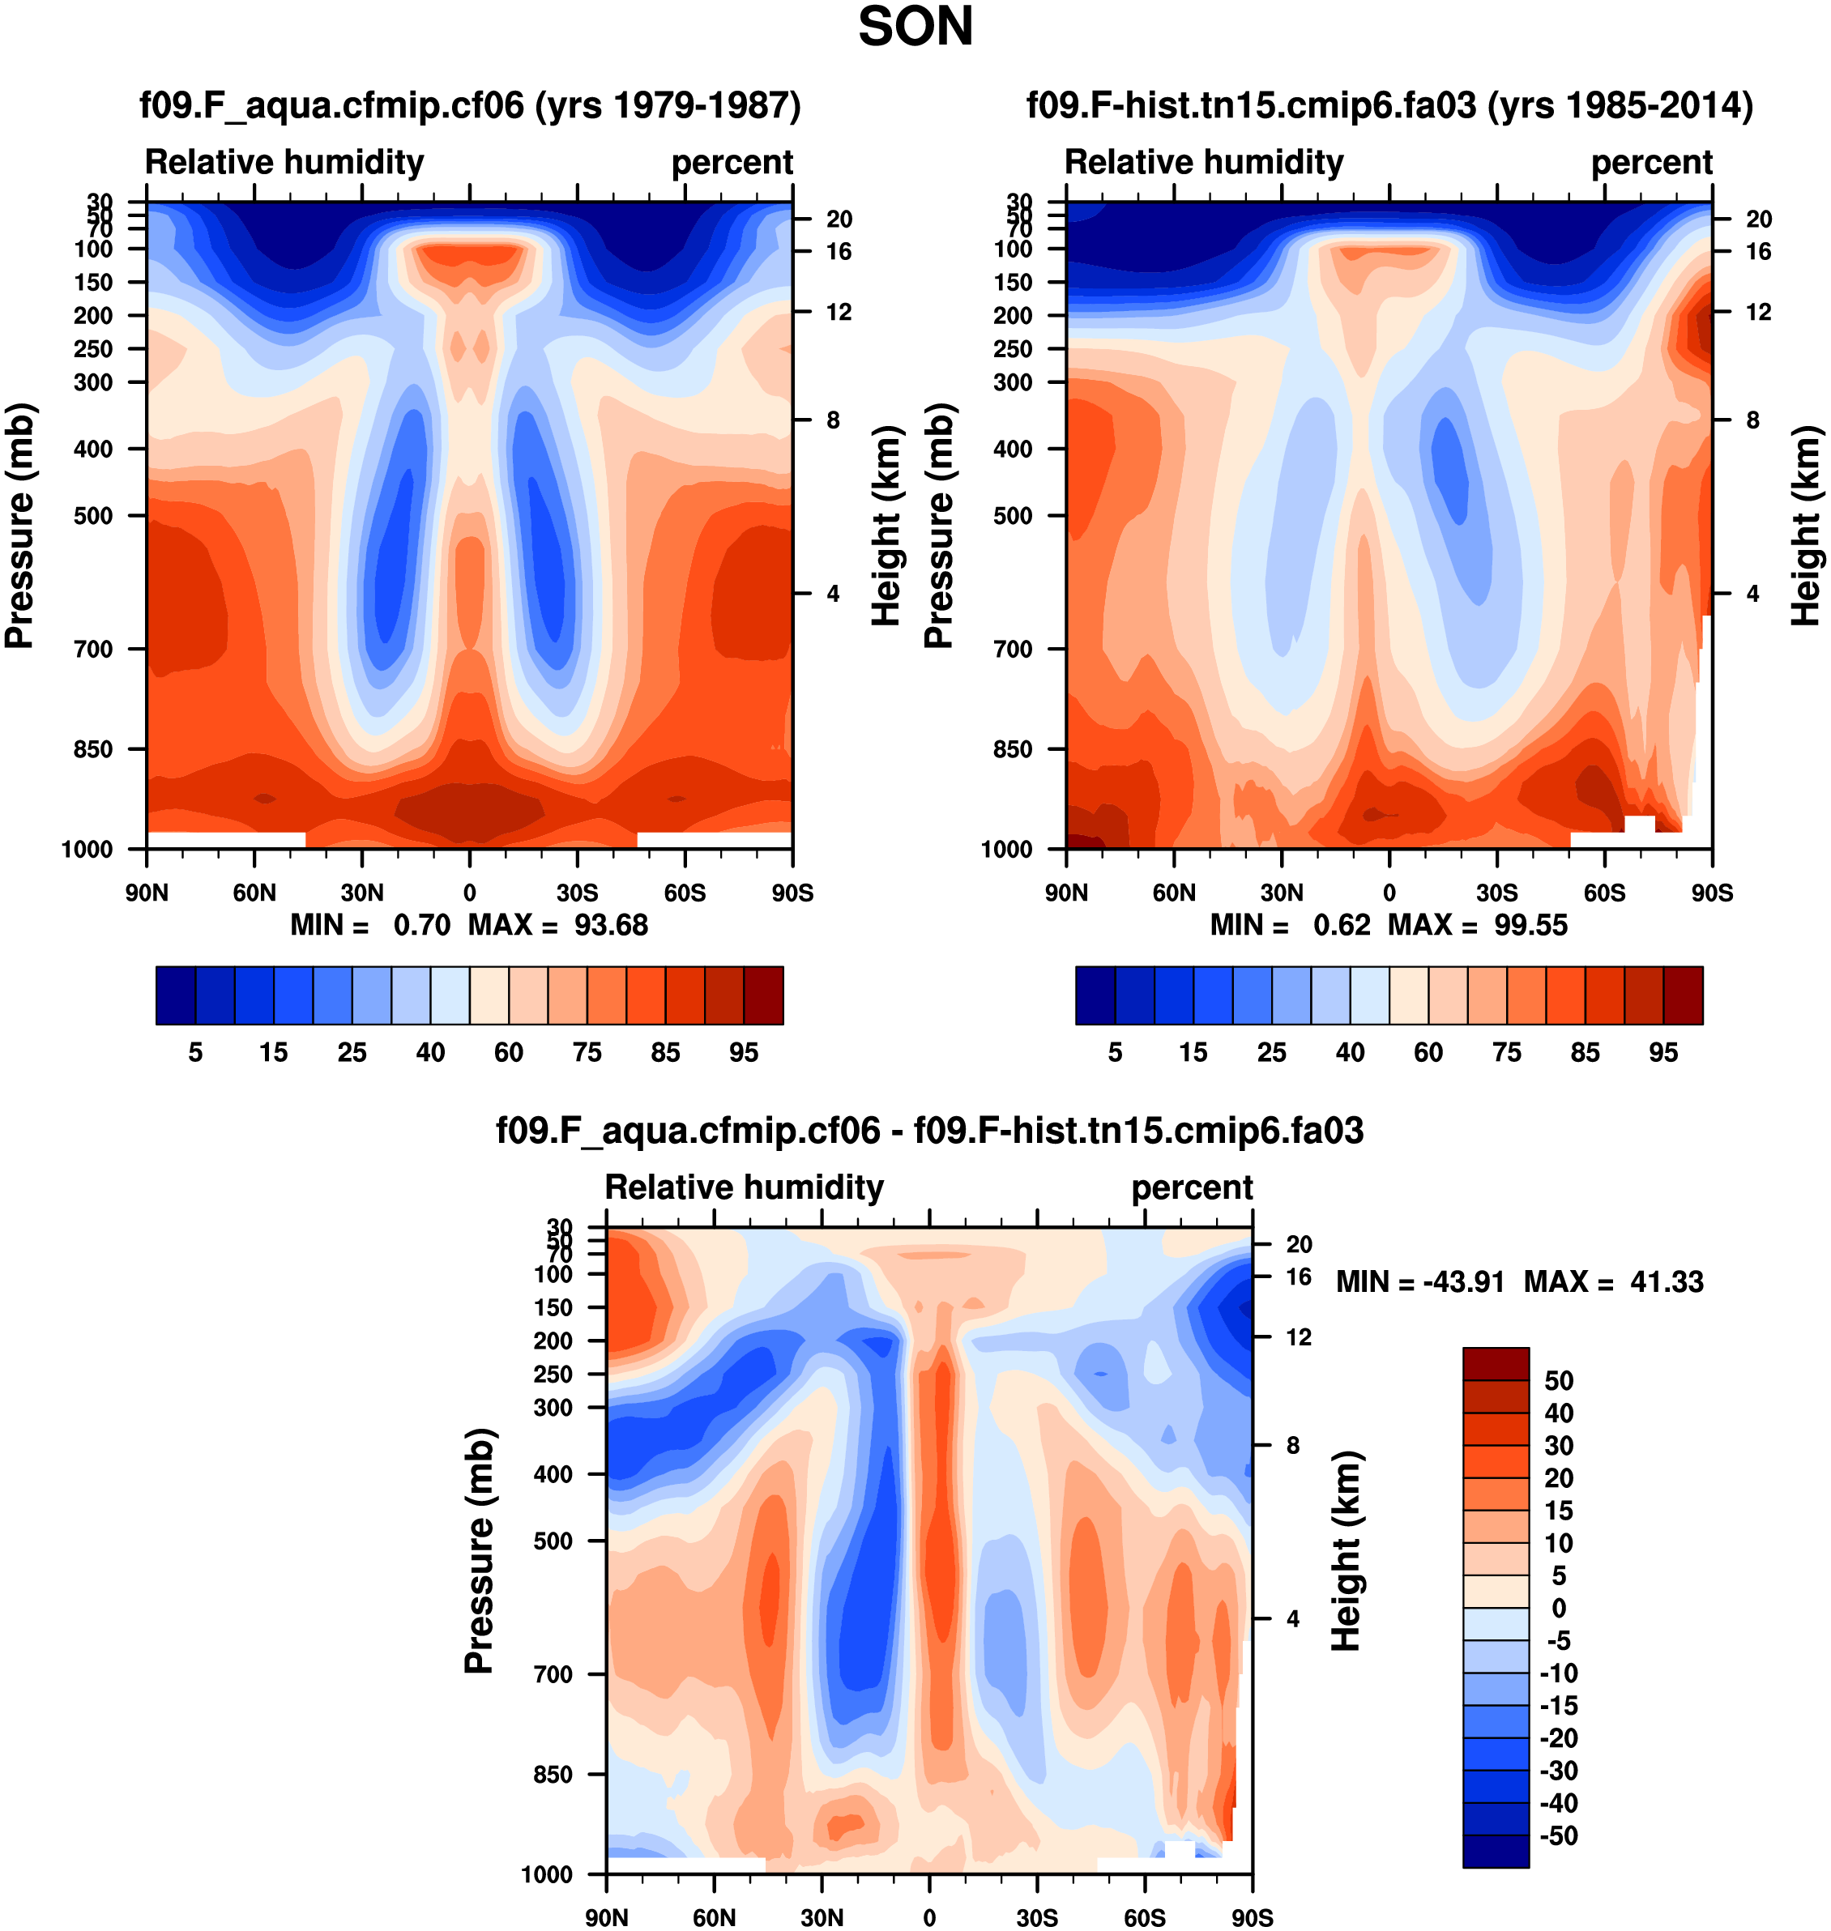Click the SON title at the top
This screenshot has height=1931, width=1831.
click(915, 28)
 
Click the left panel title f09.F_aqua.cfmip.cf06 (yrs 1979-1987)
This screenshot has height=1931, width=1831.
click(469, 105)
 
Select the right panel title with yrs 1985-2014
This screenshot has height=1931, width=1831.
click(1389, 105)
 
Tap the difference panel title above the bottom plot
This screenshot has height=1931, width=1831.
click(929, 1130)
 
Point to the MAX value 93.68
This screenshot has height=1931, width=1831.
click(610, 925)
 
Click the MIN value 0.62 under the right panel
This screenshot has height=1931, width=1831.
click(1341, 925)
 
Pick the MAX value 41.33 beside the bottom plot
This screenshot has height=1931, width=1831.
click(1666, 1281)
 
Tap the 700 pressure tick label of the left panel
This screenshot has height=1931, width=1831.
click(94, 649)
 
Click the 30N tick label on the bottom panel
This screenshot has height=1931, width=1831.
click(822, 1918)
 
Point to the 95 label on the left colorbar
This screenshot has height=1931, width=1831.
click(744, 1052)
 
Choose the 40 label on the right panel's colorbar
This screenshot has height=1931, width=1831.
click(1350, 1052)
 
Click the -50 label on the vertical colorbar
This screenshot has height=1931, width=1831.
click(1558, 1836)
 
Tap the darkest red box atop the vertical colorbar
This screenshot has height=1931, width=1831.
click(1496, 1363)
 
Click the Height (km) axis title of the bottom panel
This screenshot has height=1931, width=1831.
click(1346, 1550)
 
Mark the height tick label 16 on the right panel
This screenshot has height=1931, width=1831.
click(1759, 252)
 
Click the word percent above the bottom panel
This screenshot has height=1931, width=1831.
click(1192, 1187)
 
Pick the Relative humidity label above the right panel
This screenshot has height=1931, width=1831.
click(1203, 162)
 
